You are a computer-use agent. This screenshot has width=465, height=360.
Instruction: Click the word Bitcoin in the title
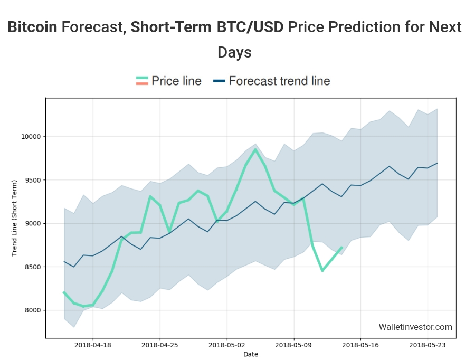[32, 27]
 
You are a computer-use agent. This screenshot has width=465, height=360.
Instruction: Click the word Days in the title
[234, 52]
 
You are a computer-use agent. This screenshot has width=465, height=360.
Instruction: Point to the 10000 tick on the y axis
[31, 137]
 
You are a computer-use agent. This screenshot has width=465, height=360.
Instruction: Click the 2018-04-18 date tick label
[93, 345]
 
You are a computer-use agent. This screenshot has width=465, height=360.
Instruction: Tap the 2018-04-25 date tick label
[160, 345]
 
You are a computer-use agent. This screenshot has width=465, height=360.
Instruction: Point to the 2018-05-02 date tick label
[226, 345]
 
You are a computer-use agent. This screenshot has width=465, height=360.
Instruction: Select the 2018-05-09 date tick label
[293, 345]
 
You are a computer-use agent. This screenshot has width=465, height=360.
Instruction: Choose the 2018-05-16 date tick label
[360, 345]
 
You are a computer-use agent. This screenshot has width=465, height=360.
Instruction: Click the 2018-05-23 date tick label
[428, 345]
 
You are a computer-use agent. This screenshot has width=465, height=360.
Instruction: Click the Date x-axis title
[251, 354]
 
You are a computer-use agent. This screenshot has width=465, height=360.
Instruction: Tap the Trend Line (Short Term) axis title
[14, 217]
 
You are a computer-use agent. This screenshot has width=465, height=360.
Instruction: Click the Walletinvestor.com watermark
[415, 327]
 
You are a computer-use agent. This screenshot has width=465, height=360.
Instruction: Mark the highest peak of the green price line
[255, 149]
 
